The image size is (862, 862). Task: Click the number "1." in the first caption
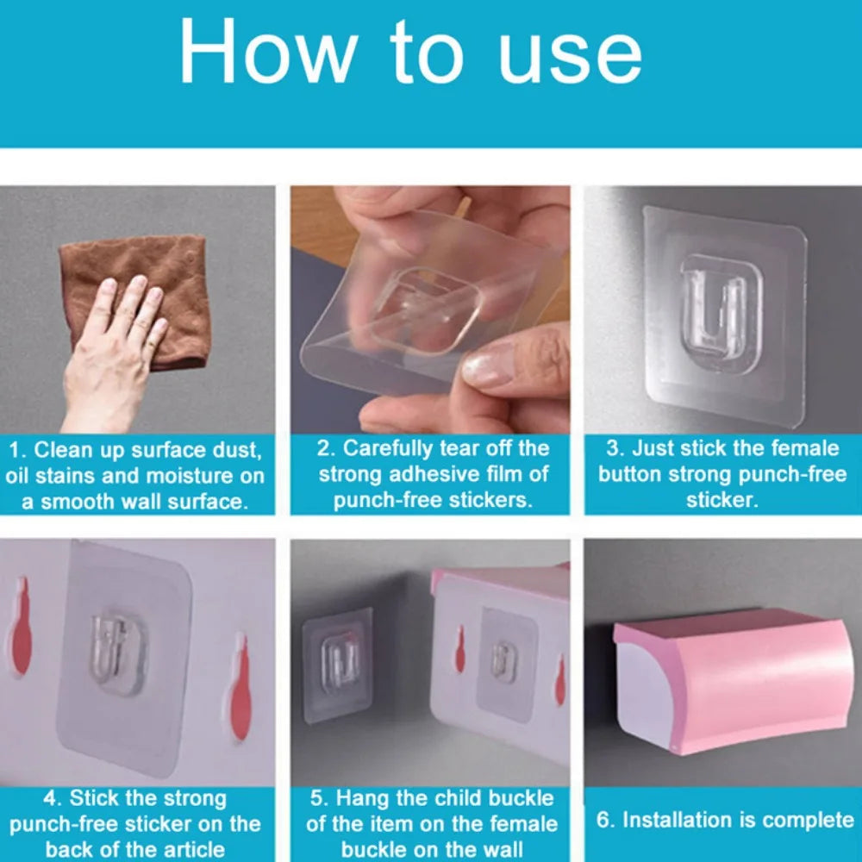click(18, 450)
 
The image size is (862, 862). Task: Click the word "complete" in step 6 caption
click(809, 819)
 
